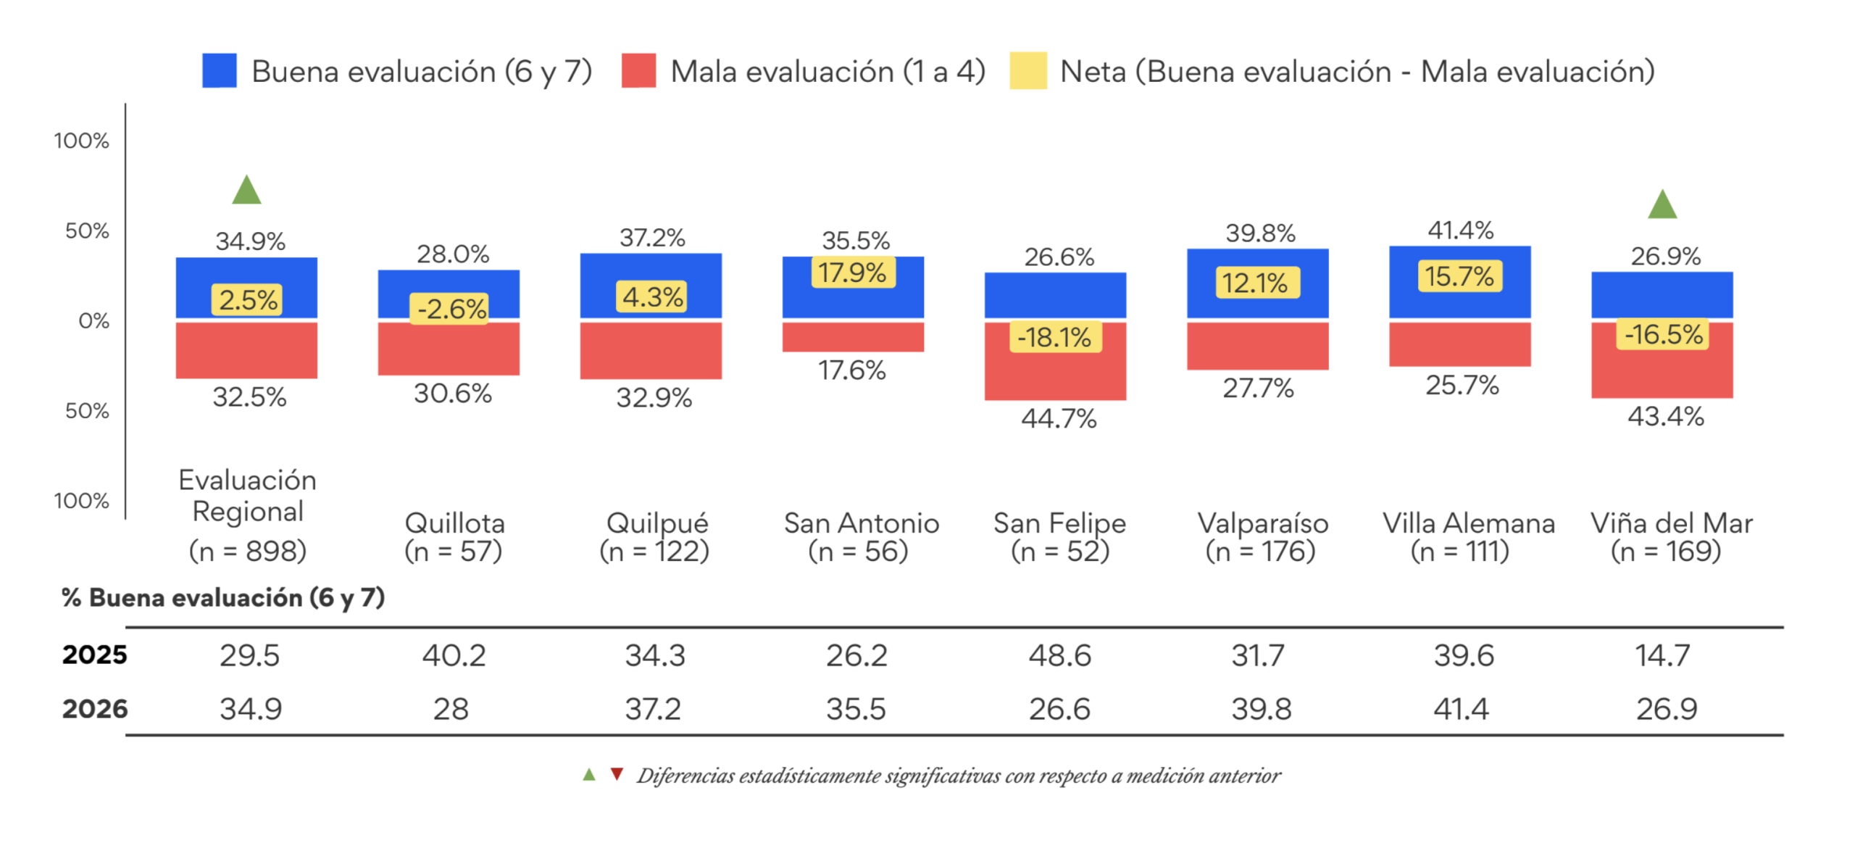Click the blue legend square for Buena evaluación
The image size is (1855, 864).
[x=219, y=70]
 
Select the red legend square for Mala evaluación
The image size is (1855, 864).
[x=638, y=70]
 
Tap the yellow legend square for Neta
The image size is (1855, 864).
[x=1027, y=70]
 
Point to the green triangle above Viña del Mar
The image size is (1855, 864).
[x=1662, y=204]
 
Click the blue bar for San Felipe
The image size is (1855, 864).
[x=1055, y=296]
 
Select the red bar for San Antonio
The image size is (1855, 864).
[x=853, y=337]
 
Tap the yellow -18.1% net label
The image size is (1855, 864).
[x=1055, y=337]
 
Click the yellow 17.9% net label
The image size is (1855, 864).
[x=853, y=273]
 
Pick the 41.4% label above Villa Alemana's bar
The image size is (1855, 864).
[x=1460, y=230]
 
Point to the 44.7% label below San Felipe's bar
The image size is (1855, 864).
[x=1059, y=419]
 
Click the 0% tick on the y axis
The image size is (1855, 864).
[x=94, y=320]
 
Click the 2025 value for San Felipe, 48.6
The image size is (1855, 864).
[x=1059, y=655]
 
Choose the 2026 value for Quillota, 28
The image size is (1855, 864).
[x=451, y=709]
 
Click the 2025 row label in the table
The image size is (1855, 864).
[x=94, y=655]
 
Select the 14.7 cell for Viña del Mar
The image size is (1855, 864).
[x=1662, y=655]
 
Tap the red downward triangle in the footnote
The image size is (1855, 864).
[x=617, y=774]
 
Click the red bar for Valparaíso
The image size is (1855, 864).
[x=1257, y=346]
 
